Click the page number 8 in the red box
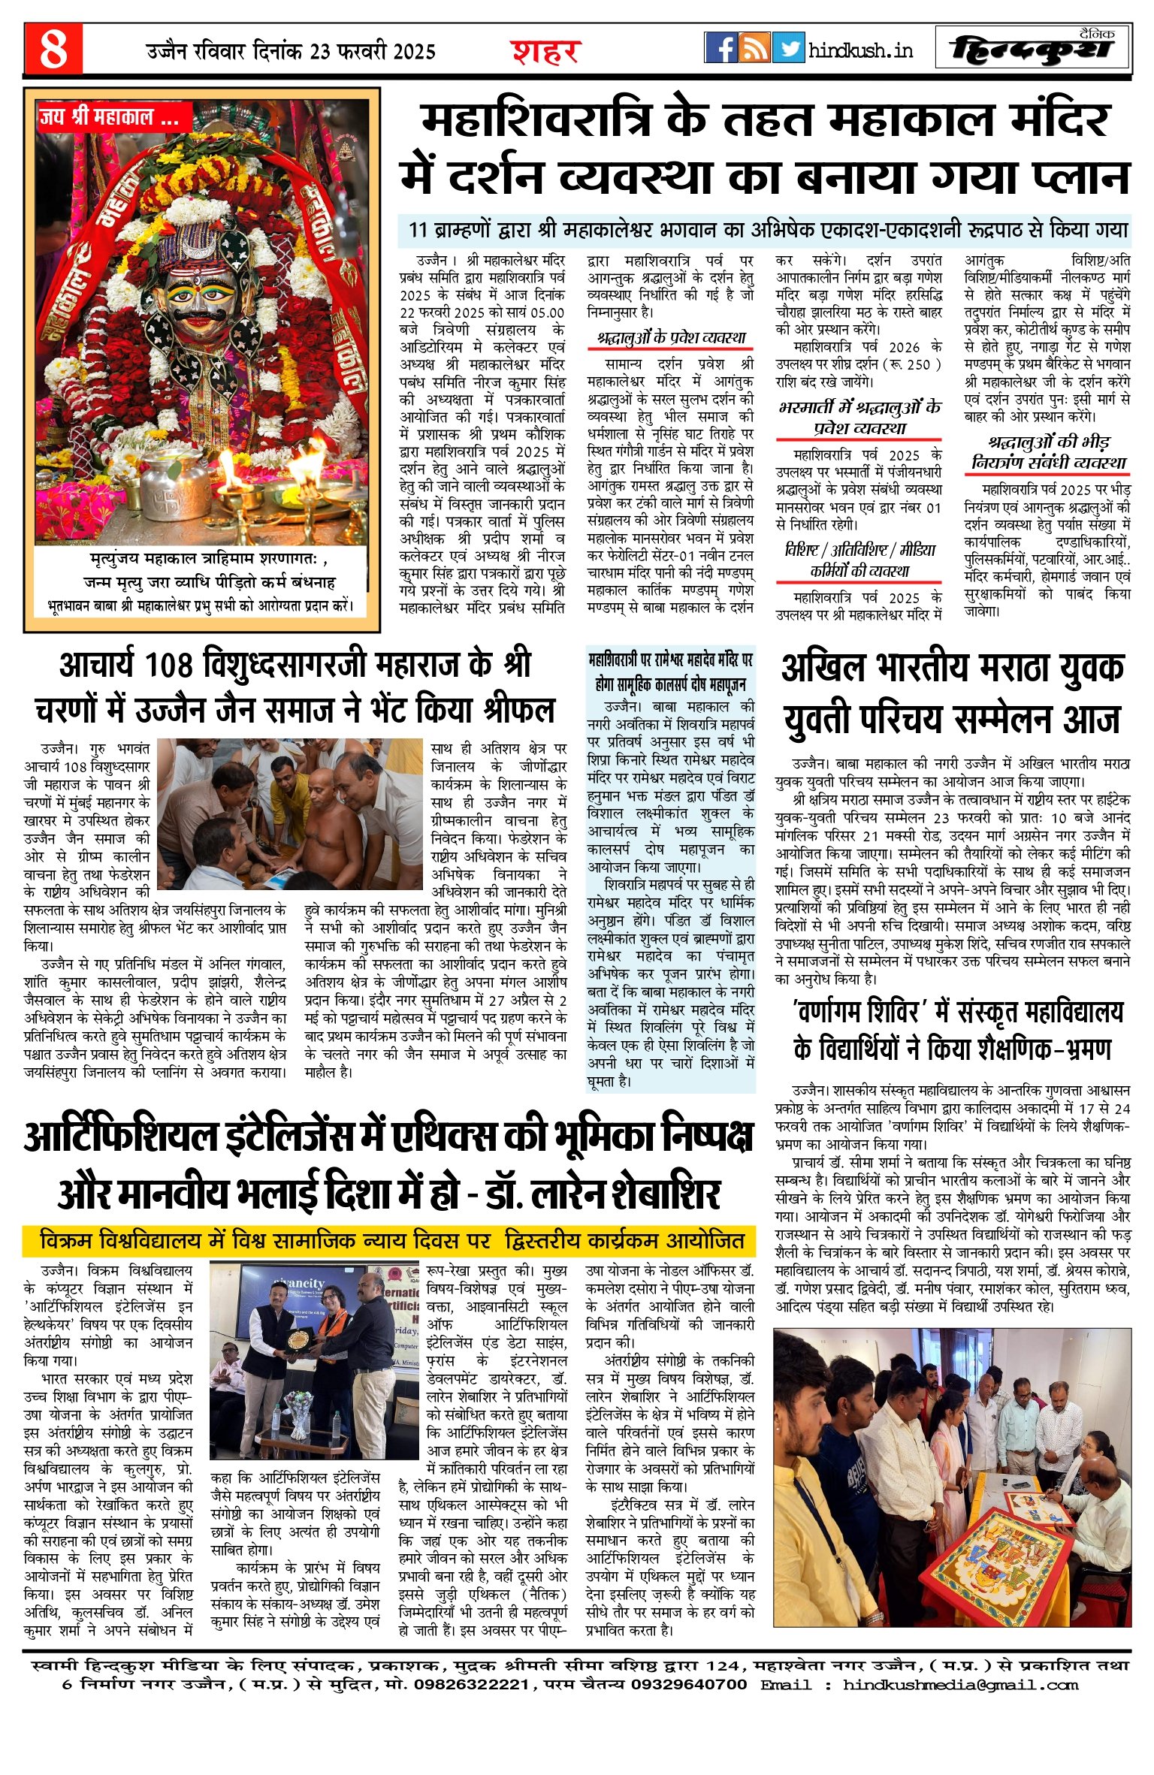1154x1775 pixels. tap(53, 49)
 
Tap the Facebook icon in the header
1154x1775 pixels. tap(721, 48)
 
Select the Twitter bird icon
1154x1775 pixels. tap(788, 48)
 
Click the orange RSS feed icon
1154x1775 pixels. tap(754, 48)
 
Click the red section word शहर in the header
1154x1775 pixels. tap(545, 51)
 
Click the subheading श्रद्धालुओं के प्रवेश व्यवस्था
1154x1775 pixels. tap(670, 338)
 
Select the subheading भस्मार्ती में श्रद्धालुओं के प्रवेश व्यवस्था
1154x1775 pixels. tap(859, 418)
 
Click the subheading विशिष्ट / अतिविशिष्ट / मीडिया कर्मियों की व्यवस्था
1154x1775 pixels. tap(859, 560)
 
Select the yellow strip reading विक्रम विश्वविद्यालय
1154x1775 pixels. tap(388, 1241)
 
